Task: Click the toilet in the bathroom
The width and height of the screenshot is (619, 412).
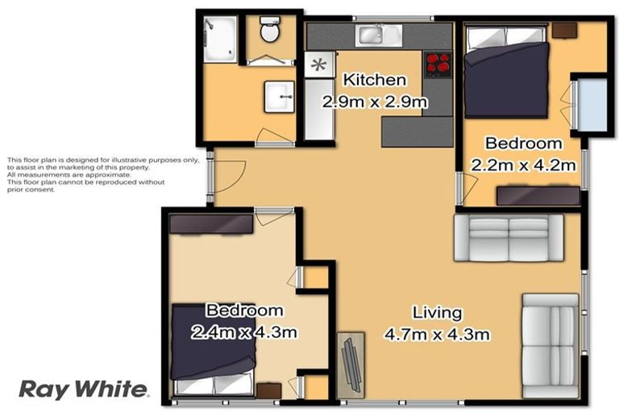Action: click(x=269, y=33)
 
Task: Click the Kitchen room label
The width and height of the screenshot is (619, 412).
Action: click(x=375, y=80)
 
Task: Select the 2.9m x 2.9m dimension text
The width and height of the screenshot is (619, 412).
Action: click(x=374, y=102)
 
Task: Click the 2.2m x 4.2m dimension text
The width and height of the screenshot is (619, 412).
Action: click(x=522, y=165)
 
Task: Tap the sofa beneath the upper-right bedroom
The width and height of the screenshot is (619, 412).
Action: click(x=507, y=238)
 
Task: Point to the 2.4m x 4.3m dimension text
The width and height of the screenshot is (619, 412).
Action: click(x=244, y=332)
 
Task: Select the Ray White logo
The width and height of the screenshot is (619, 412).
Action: click(x=83, y=389)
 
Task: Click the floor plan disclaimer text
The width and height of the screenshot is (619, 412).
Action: click(x=102, y=175)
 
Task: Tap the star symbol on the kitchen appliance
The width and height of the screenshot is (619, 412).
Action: click(x=319, y=64)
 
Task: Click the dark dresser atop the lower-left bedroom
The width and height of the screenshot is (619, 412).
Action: click(x=211, y=224)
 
